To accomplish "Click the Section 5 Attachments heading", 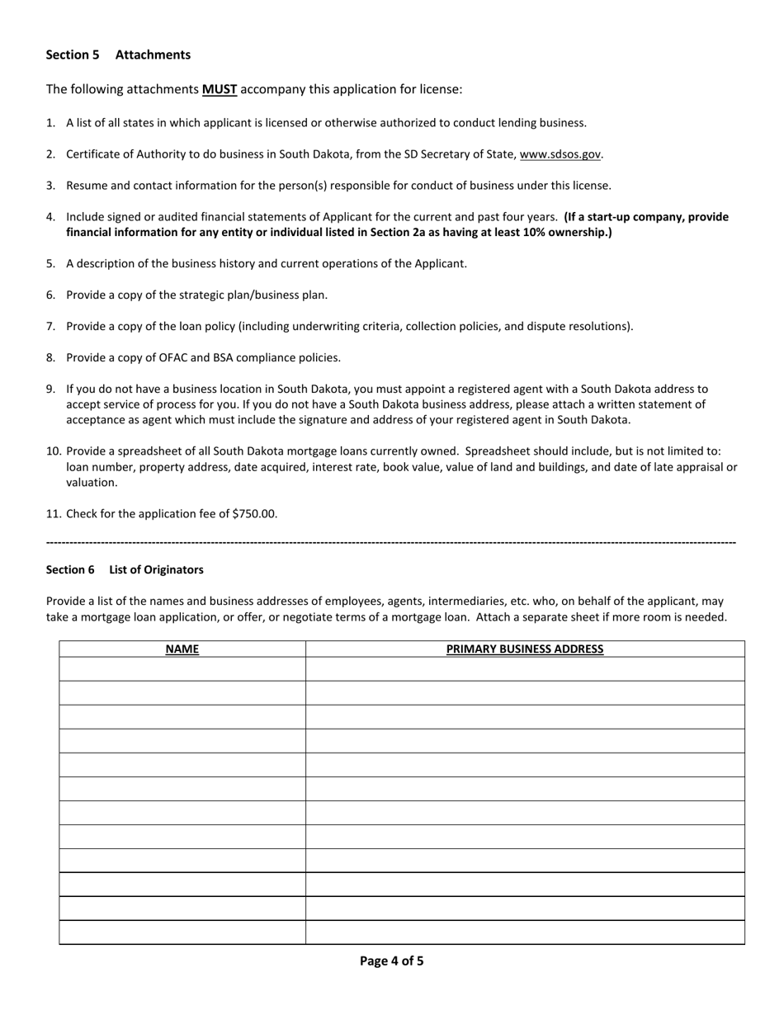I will [118, 54].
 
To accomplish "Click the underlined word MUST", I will [220, 89].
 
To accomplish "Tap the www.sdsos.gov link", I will [560, 154].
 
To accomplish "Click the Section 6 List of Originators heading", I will [125, 569].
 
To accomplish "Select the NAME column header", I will [182, 649].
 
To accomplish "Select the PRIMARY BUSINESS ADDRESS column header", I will [525, 649].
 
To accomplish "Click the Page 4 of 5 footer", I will [391, 961].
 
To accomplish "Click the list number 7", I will [50, 326].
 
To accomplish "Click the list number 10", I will [54, 451].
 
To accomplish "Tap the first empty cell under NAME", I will [182, 669].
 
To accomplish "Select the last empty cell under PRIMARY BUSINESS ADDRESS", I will [525, 932].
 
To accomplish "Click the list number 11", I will [54, 513].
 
